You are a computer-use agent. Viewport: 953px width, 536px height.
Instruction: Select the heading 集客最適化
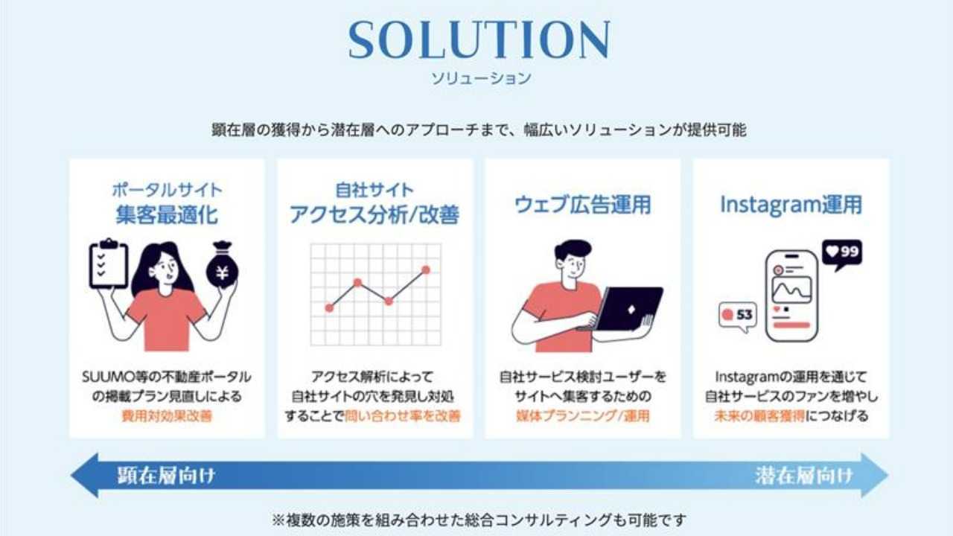pyautogui.click(x=167, y=215)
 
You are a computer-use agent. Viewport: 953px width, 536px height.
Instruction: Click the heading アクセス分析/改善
pyautogui.click(x=374, y=215)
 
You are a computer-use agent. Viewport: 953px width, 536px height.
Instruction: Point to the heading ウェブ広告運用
pyautogui.click(x=582, y=205)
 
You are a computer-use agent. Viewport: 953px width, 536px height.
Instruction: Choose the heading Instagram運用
pyautogui.click(x=791, y=205)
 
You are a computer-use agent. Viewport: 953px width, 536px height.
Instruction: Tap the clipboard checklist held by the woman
pyautogui.click(x=108, y=264)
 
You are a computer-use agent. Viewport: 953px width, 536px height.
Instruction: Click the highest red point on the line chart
pyautogui.click(x=426, y=269)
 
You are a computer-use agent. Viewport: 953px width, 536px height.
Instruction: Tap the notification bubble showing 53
pyautogui.click(x=737, y=315)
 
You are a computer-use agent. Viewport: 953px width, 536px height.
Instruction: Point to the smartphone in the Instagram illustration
pyautogui.click(x=791, y=296)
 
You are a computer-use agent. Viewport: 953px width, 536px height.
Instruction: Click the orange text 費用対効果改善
pyautogui.click(x=167, y=415)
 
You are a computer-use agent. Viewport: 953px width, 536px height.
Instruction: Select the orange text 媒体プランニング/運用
pyautogui.click(x=582, y=415)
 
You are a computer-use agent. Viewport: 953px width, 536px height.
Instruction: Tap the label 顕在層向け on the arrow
pyautogui.click(x=166, y=476)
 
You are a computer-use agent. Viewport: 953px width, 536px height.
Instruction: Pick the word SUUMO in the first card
pyautogui.click(x=102, y=377)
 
